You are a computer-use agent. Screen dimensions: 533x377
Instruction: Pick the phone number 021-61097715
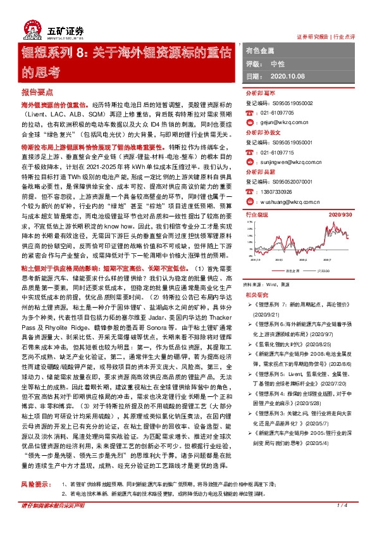point(276,153)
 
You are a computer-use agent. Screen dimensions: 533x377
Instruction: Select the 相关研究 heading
point(254,294)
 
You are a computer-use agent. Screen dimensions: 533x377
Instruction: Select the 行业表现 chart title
point(256,215)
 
